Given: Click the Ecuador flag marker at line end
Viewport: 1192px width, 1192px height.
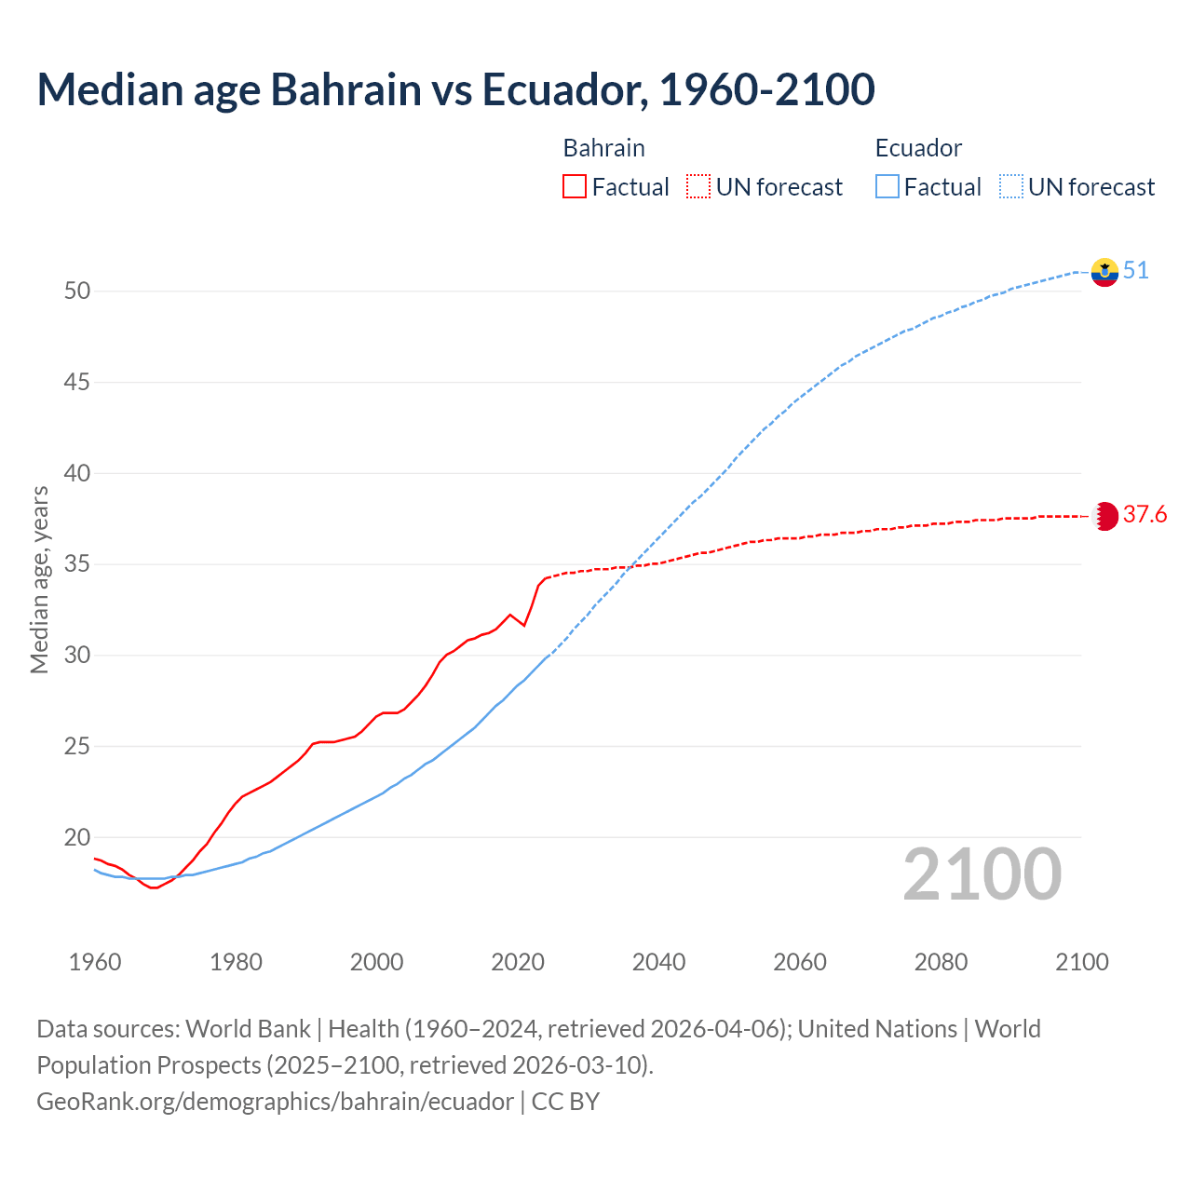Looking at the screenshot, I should point(1104,272).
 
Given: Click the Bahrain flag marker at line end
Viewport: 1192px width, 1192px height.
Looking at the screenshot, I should point(1104,516).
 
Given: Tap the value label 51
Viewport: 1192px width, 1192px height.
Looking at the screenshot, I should point(1135,271).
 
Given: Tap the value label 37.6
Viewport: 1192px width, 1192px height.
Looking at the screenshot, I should point(1145,515).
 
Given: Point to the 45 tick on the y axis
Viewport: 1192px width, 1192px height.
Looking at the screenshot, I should point(77,382).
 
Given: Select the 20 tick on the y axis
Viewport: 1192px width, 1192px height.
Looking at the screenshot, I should point(77,837).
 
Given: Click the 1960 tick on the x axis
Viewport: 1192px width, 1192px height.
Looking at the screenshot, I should point(95,962).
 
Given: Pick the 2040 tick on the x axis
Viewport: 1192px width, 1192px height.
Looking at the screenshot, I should point(658,962).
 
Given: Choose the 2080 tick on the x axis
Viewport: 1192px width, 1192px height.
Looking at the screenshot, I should point(941,962).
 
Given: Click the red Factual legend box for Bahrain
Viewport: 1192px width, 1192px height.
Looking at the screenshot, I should point(575,187).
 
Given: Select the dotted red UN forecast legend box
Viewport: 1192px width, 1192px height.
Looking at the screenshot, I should point(698,187).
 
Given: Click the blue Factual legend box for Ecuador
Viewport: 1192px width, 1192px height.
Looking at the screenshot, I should point(887,187).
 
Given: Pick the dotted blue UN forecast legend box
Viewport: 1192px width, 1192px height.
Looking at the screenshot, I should point(1011,187).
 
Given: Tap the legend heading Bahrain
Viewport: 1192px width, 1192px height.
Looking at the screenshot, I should point(603,148).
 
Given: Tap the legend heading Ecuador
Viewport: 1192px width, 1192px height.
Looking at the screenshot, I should point(918,148).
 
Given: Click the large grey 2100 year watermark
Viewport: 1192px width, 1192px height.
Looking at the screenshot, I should point(982,874).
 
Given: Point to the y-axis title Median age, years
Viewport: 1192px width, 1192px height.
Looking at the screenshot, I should point(39,579).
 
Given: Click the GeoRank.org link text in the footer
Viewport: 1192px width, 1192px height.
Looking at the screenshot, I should point(275,1102).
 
